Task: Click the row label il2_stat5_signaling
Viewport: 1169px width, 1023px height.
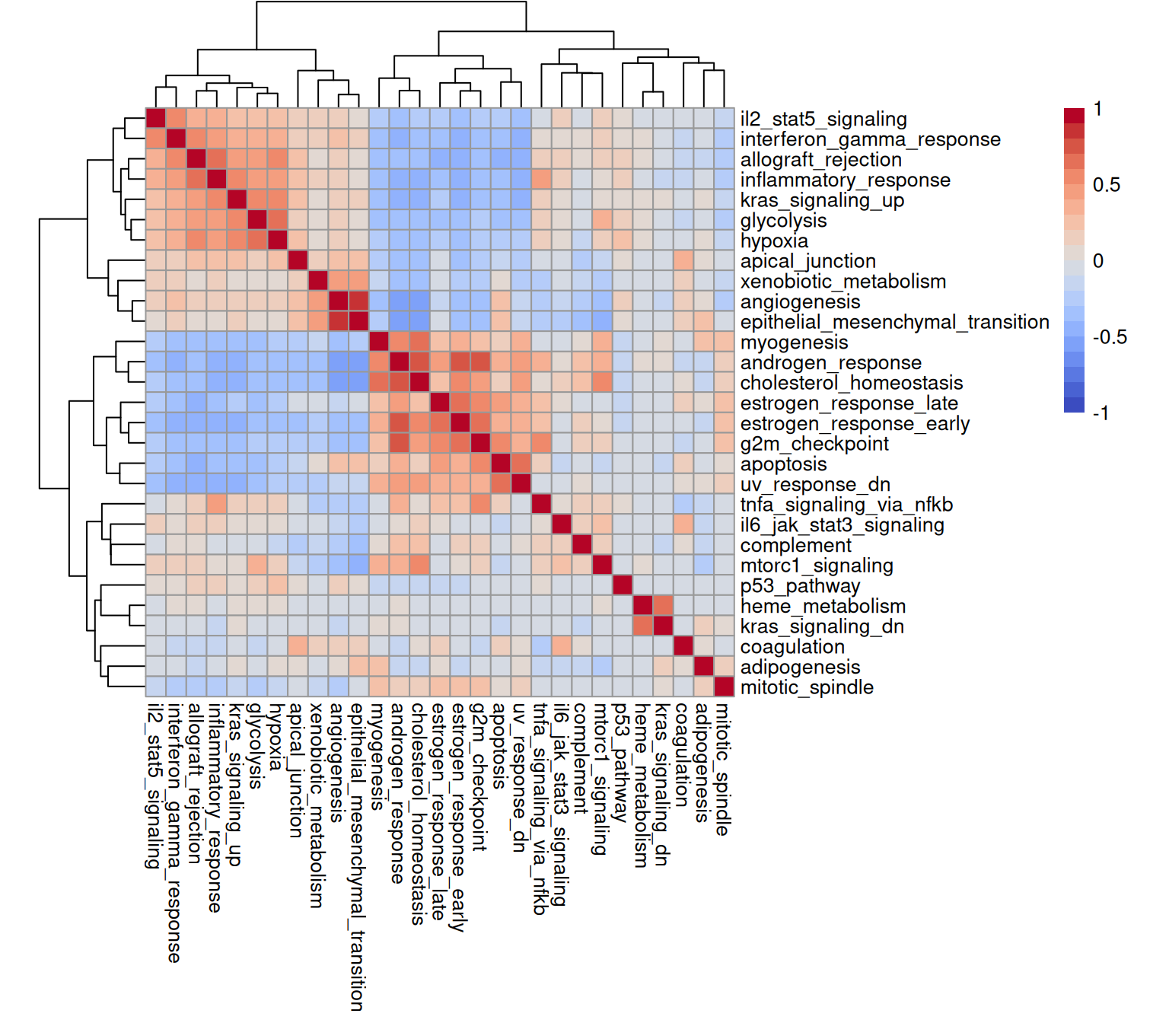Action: pos(823,120)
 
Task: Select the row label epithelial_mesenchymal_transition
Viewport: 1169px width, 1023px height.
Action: pos(894,323)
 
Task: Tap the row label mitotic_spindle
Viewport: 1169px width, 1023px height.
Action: pos(807,688)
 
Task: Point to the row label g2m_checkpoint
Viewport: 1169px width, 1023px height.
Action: pos(814,445)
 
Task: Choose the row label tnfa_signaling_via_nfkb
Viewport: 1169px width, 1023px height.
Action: pos(846,505)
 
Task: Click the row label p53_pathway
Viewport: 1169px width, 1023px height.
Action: pos(800,587)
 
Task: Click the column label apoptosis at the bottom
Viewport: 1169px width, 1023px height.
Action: pos(500,745)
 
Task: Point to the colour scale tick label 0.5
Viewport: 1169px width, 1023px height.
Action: pos(1106,185)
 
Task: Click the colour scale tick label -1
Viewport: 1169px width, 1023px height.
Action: pos(1101,413)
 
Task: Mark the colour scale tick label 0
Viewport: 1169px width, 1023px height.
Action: pos(1097,261)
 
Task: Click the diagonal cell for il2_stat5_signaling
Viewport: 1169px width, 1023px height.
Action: pos(156,118)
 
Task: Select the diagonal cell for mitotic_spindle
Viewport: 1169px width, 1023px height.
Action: pos(724,687)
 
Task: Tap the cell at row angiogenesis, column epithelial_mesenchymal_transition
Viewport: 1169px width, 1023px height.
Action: pos(358,301)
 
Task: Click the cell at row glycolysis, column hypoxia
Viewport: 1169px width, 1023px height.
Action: pos(277,219)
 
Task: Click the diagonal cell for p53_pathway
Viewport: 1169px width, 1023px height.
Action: pos(623,585)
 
